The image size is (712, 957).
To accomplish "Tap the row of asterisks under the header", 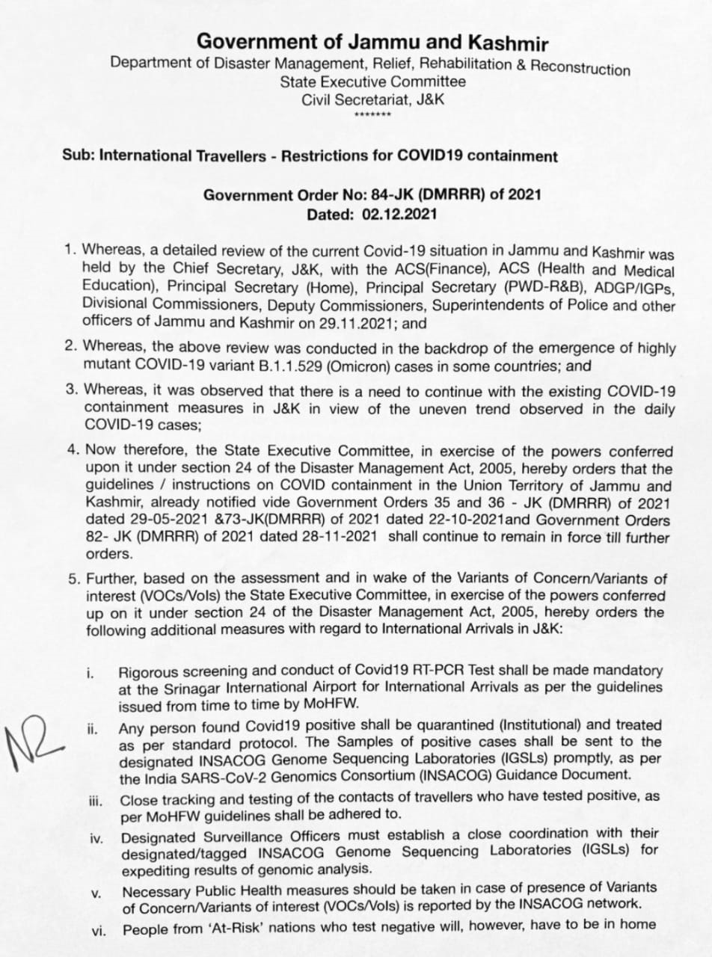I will [372, 115].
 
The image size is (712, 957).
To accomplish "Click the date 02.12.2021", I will [399, 213].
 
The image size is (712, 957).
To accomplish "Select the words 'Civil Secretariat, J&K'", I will [372, 99].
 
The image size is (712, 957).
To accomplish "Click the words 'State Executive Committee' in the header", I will [372, 81].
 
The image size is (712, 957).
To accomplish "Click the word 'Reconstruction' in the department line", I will [580, 68].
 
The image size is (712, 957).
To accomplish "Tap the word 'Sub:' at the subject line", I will [79, 156].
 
